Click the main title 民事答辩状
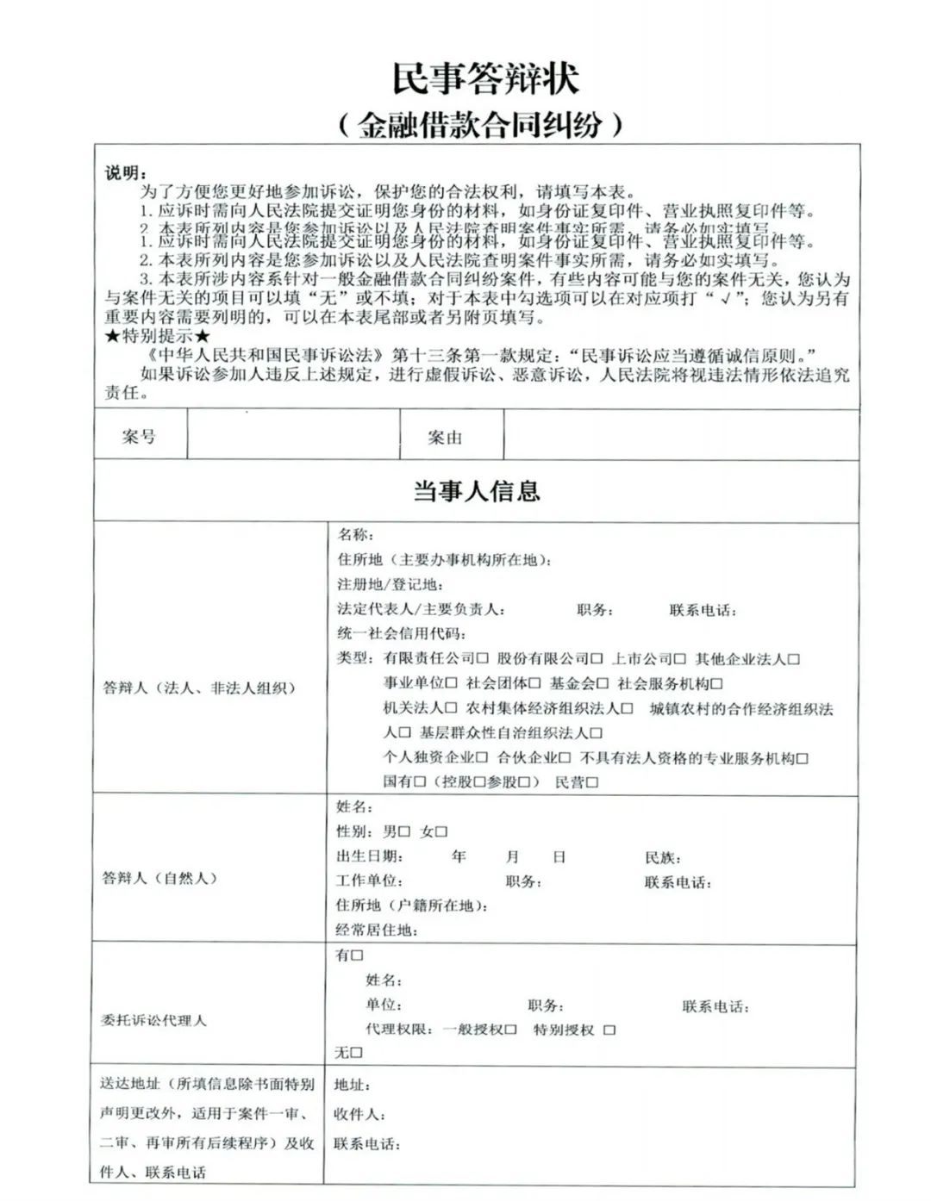[485, 78]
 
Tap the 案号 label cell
[139, 437]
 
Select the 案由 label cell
[445, 438]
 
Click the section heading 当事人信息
[476, 492]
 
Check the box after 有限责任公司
[483, 660]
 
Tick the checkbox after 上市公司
[680, 660]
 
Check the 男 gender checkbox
[404, 832]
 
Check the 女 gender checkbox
[441, 832]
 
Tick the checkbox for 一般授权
[511, 1030]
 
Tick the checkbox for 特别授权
[609, 1030]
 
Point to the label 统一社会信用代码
[401, 635]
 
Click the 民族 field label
[662, 858]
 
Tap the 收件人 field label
[359, 1115]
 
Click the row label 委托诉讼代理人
[153, 1020]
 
